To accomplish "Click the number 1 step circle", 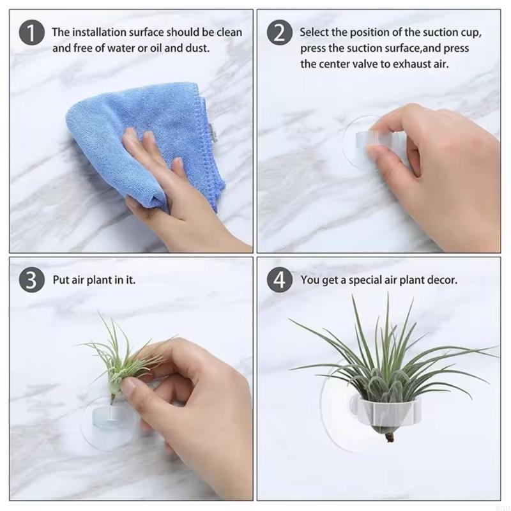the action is (31, 33).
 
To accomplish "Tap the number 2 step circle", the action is (280, 33).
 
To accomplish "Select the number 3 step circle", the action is (31, 280).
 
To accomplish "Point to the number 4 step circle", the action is (280, 280).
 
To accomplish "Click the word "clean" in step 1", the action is (229, 33).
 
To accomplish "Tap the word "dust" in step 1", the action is (197, 49).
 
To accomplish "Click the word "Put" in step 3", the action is (61, 280).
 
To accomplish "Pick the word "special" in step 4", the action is (365, 280).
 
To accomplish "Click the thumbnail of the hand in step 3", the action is (128, 387).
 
